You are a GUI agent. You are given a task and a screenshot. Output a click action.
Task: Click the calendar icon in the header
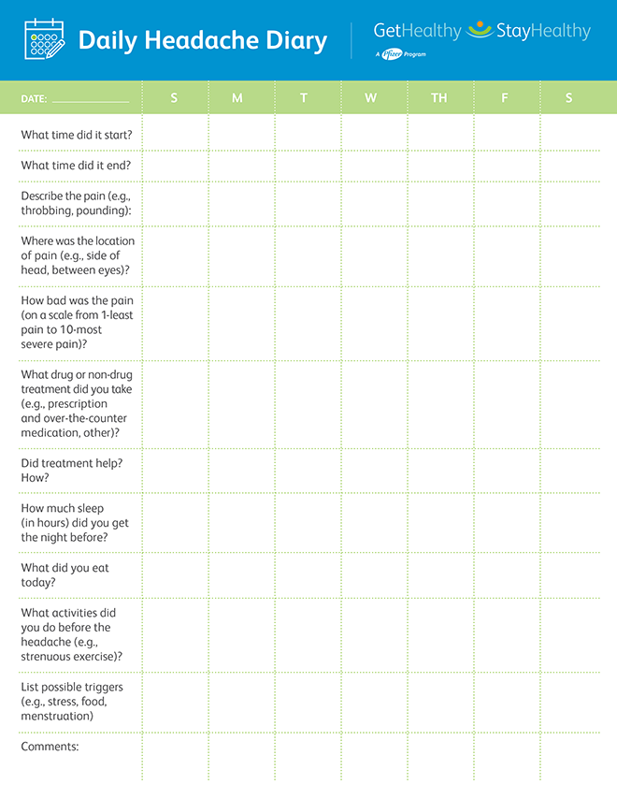point(42,39)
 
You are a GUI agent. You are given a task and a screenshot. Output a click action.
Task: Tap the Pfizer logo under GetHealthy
point(393,54)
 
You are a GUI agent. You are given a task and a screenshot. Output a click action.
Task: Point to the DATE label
point(34,98)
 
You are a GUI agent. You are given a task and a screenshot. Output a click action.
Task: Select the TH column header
point(439,98)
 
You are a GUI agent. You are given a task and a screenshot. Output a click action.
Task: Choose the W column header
point(371,98)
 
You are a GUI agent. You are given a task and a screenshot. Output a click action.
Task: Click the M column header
point(237,98)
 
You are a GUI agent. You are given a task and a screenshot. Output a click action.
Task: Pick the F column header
point(505,98)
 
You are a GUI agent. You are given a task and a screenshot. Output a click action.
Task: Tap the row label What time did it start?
point(77,135)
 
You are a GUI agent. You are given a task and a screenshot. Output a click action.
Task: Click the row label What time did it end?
point(76,166)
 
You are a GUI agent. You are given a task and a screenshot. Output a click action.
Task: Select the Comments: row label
point(50,747)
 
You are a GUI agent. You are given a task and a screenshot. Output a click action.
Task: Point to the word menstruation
point(57,716)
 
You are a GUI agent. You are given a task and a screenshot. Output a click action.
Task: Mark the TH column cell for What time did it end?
point(440,166)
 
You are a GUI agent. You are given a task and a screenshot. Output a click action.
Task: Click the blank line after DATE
point(91,99)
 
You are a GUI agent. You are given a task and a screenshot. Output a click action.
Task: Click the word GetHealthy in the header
point(417,31)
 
